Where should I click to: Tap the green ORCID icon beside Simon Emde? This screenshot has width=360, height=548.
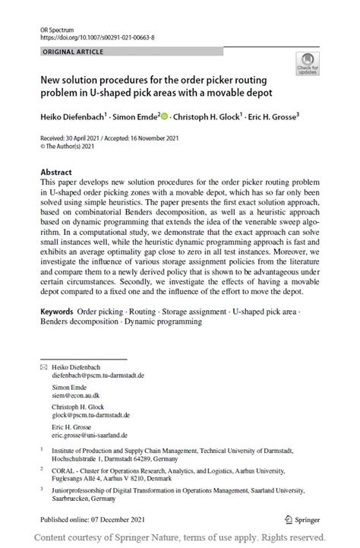click(165, 116)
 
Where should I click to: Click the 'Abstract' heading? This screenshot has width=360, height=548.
click(55, 172)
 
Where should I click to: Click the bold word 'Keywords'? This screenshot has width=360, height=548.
click(56, 312)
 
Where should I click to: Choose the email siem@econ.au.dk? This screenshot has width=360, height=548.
click(76, 395)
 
